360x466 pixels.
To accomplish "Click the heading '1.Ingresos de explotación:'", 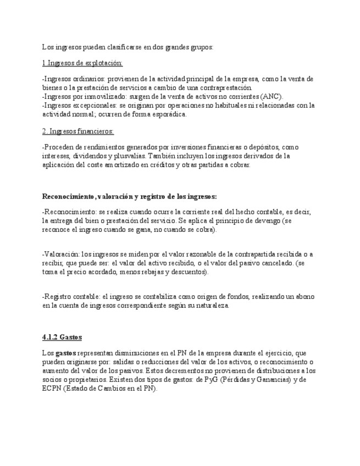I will [x=82, y=63].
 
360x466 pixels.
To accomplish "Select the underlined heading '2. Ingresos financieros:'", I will [x=78, y=131].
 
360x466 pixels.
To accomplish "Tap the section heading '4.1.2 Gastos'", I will [x=62, y=337].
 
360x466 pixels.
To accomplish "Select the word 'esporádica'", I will [x=169, y=114].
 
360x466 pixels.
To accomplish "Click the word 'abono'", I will [x=303, y=296].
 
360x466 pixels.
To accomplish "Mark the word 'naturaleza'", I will [x=210, y=305].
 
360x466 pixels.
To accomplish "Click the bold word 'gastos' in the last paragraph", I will [x=65, y=353].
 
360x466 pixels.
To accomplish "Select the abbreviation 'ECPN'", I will [x=51, y=388].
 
